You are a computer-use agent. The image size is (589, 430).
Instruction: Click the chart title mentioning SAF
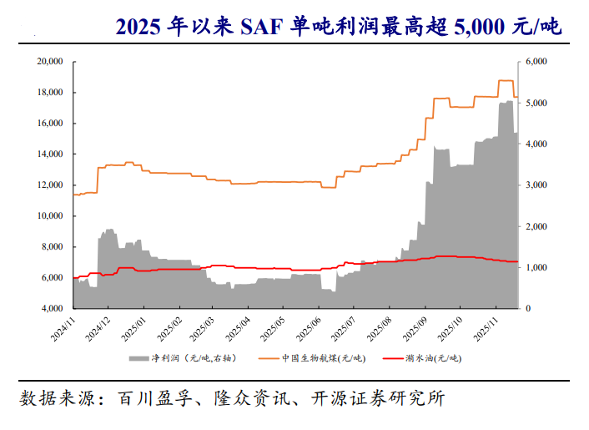point(337,27)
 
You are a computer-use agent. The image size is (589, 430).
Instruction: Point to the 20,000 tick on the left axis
point(51,62)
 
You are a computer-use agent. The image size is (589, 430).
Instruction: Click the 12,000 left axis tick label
point(51,185)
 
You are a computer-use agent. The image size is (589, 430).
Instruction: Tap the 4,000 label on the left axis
point(53,309)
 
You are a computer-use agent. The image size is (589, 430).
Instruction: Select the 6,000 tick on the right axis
point(536,62)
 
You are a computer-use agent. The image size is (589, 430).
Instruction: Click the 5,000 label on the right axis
point(536,103)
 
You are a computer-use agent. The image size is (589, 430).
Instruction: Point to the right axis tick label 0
point(527,309)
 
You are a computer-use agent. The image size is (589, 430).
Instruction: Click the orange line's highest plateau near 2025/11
point(505,81)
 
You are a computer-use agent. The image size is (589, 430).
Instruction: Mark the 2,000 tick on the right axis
point(536,226)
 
